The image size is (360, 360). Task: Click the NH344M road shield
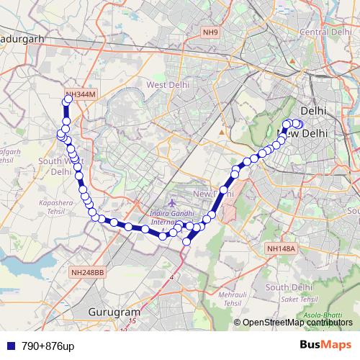(x=79, y=94)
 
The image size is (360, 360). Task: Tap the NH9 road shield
(x=210, y=32)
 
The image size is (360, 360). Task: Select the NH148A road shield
(x=281, y=248)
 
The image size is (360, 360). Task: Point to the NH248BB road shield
(x=88, y=273)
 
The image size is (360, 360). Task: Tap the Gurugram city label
(x=113, y=312)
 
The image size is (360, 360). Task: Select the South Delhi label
(x=287, y=287)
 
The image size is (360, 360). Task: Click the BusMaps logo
(x=326, y=345)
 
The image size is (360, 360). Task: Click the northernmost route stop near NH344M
(x=68, y=101)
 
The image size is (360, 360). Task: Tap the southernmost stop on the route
(x=186, y=242)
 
